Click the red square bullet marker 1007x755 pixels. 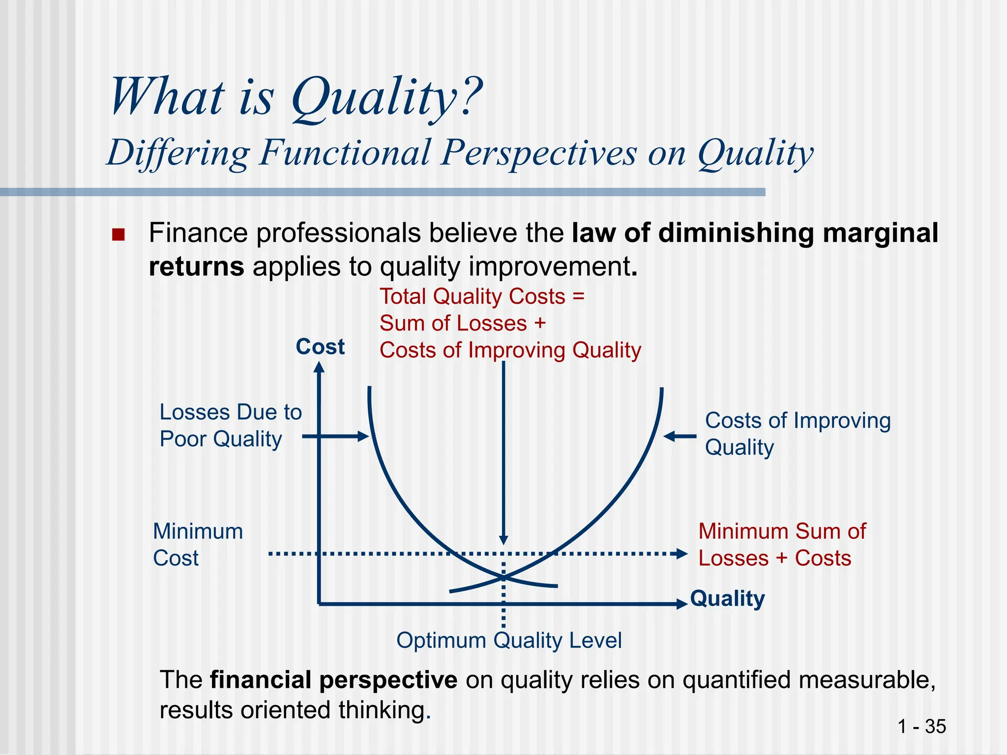118,234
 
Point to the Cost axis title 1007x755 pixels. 320,347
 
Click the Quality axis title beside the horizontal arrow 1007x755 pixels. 727,599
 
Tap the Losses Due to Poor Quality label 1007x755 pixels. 230,426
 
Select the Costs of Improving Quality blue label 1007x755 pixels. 797,434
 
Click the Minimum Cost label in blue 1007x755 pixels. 198,545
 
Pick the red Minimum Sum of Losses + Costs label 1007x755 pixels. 781,545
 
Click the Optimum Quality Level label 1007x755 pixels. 509,640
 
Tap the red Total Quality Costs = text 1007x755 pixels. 482,297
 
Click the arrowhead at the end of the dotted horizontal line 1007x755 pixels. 682,554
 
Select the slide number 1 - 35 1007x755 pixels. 921,726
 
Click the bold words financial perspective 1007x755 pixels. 333,680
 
